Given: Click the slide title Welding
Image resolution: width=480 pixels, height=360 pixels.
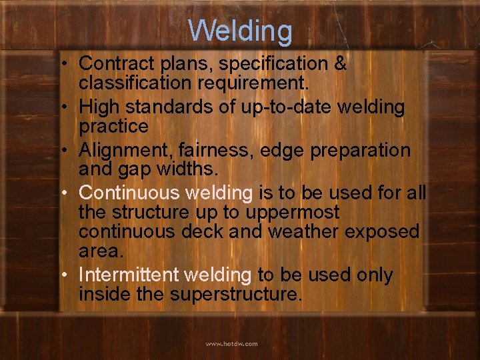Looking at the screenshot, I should click(x=240, y=31).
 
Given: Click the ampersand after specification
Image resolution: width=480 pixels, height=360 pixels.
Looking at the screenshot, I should click(x=339, y=64).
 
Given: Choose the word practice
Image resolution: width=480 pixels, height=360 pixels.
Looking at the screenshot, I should click(x=113, y=127).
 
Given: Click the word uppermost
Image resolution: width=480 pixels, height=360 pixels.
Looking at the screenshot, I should click(x=293, y=213).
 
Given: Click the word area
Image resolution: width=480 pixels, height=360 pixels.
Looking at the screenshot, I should click(x=101, y=251).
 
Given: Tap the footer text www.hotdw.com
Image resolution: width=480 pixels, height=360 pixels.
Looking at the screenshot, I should click(x=231, y=344).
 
